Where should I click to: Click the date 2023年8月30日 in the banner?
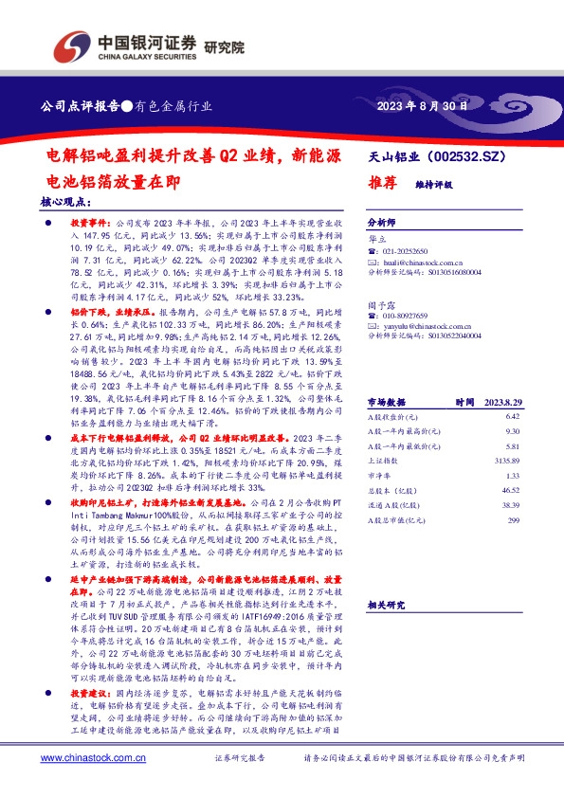pyautogui.click(x=423, y=106)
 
